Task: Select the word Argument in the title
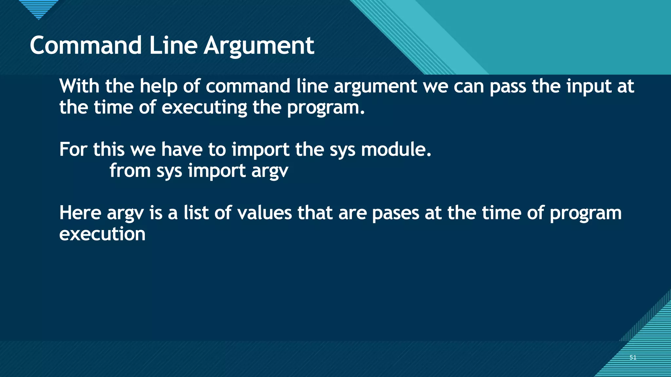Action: [x=259, y=46]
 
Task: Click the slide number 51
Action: [x=633, y=357]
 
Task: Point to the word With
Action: [x=79, y=86]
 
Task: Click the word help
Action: [x=159, y=87]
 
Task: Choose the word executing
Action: [x=204, y=108]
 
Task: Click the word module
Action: [x=396, y=150]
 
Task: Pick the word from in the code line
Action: [x=130, y=171]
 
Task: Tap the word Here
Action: [x=80, y=213]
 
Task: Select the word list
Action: [x=196, y=213]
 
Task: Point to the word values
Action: [x=264, y=213]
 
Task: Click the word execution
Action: [x=102, y=234]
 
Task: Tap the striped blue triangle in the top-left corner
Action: [x=38, y=9]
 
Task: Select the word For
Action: [x=73, y=150]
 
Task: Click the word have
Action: [x=182, y=150]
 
